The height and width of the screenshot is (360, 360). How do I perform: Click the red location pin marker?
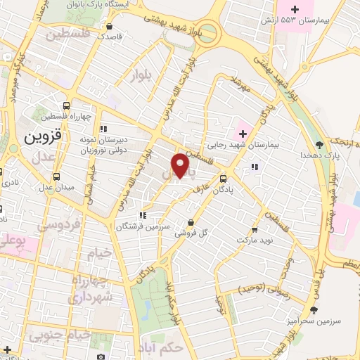coord(181,165)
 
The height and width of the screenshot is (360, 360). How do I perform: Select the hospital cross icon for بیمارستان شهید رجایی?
coord(243,132)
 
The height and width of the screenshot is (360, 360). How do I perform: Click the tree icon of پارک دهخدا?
coord(319,144)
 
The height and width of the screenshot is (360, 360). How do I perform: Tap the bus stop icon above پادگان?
coord(223,179)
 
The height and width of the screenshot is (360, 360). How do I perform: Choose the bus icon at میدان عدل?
coord(56,176)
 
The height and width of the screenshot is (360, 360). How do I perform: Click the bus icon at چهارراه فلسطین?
coord(66,105)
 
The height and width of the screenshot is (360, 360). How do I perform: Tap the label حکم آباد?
coord(169,347)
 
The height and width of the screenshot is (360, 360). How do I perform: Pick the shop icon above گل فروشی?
coord(191,222)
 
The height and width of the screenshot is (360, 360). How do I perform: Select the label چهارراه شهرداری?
coord(86,290)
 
